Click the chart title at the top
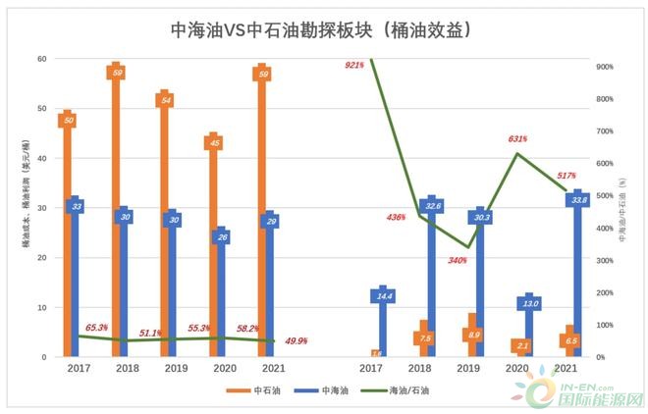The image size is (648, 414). [324, 30]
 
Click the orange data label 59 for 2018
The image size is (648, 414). [118, 73]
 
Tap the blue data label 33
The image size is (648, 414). [76, 206]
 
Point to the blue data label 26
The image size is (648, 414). [223, 236]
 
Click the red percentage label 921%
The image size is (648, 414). [354, 65]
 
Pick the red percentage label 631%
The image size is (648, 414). [517, 138]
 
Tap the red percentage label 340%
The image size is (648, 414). [458, 261]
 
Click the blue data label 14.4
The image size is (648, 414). [385, 295]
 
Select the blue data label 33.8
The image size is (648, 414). [578, 200]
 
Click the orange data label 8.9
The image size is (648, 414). [474, 336]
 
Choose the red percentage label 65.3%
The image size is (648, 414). [96, 328]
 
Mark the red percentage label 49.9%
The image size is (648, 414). [295, 340]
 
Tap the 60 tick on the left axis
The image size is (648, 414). [42, 59]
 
